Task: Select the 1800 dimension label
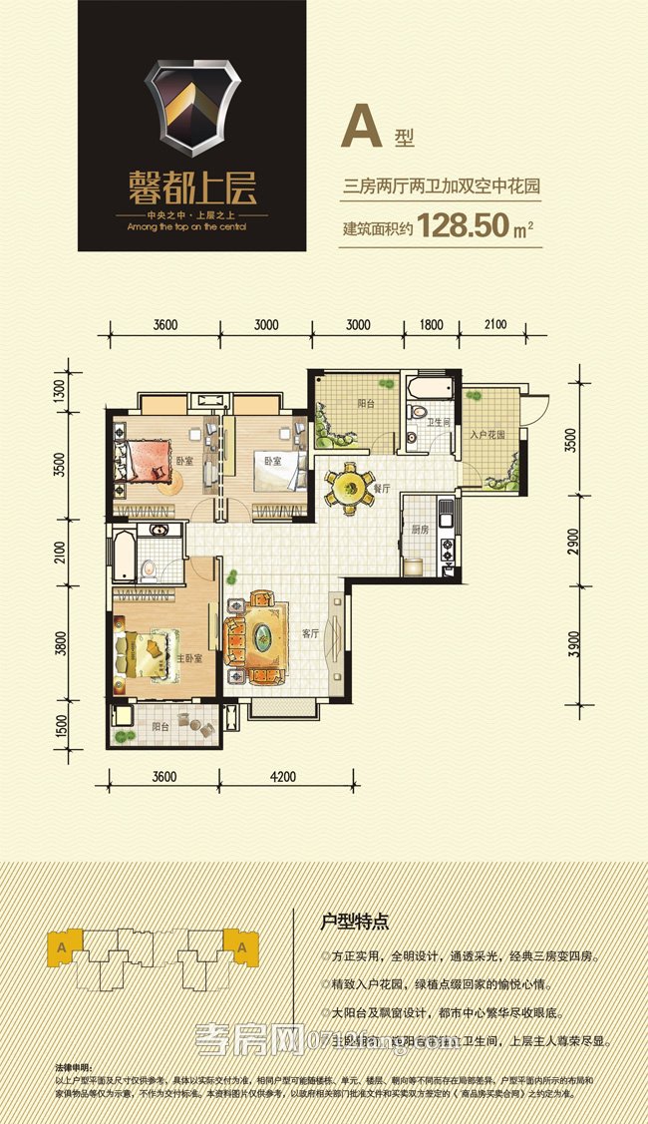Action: click(x=431, y=324)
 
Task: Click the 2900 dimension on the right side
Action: click(x=570, y=544)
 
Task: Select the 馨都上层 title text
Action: click(x=192, y=188)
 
